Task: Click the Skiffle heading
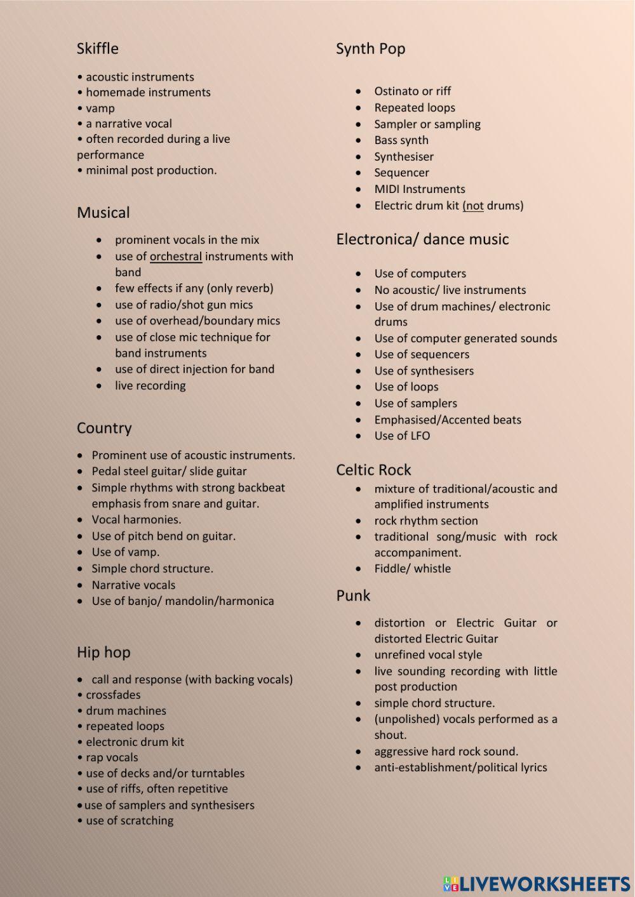tap(97, 49)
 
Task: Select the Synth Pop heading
tap(370, 49)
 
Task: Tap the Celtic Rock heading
tap(373, 470)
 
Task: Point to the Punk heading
tap(353, 595)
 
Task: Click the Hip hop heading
tap(104, 652)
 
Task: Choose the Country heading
tap(104, 428)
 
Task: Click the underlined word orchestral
tap(176, 256)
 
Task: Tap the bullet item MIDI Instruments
tap(419, 189)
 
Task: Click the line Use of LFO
tap(402, 436)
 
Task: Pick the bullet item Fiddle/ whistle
tap(412, 569)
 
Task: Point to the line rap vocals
tap(112, 757)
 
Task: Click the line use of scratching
tap(130, 821)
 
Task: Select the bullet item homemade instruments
tap(148, 93)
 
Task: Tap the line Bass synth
tap(401, 140)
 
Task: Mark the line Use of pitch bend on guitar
tap(163, 536)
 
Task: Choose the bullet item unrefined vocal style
tap(428, 655)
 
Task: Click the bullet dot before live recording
tap(99, 386)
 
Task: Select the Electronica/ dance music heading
tap(422, 239)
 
